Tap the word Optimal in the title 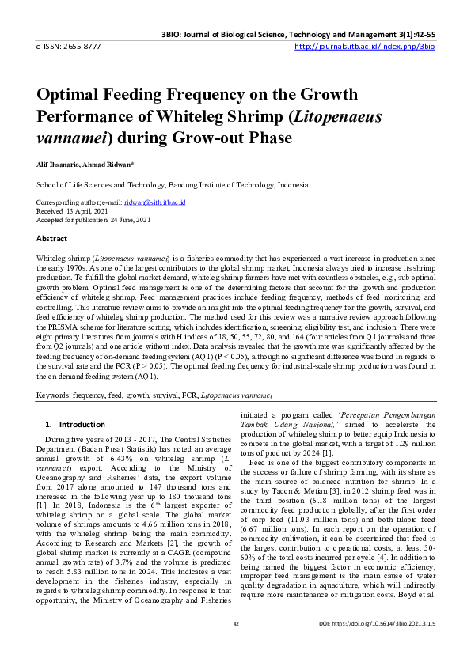[x=70, y=95]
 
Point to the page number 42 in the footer [x=235, y=646]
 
